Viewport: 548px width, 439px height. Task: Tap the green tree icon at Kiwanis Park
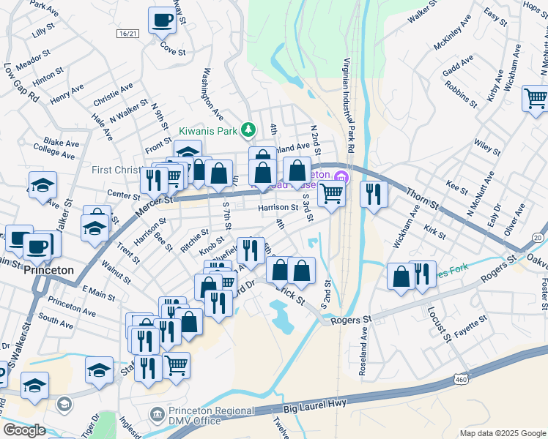point(248,130)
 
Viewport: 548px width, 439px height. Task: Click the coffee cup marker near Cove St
point(161,20)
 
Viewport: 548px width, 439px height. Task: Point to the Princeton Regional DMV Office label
point(194,416)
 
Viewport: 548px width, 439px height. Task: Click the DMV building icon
point(156,415)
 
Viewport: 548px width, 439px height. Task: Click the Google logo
point(24,430)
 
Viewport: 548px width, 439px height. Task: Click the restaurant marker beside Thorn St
point(374,195)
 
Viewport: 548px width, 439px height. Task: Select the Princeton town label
point(48,270)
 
